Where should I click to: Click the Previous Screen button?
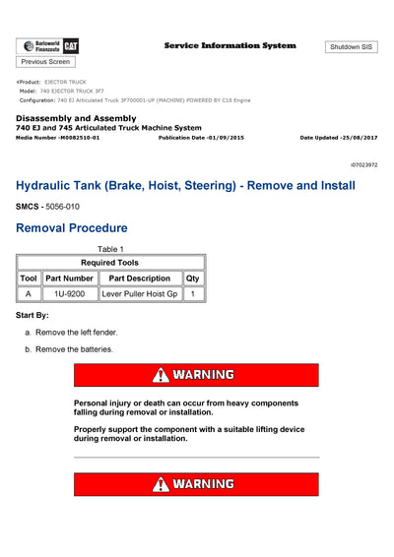pos(45,62)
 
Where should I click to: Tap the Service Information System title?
pos(230,46)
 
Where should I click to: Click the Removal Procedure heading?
pos(71,228)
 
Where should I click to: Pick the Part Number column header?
pos(69,278)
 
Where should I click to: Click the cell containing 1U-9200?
pos(69,294)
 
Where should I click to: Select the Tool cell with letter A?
pos(29,294)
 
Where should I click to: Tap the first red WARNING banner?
pos(196,375)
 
